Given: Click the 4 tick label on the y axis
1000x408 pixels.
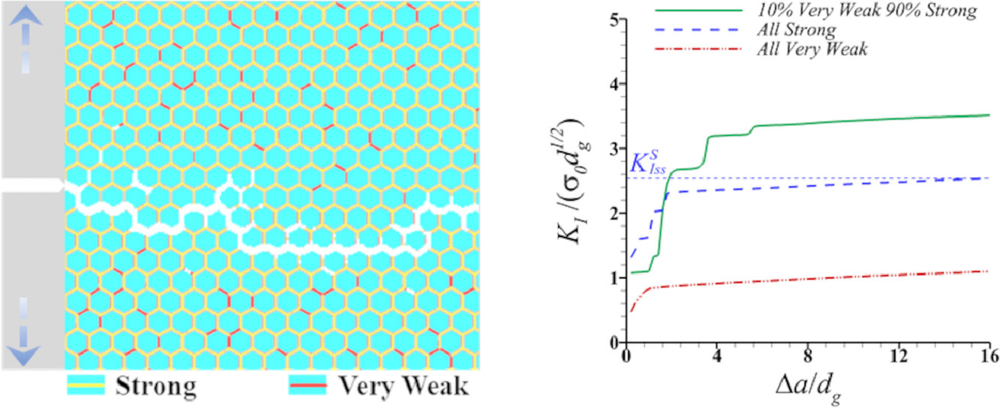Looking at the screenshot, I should click(x=616, y=85).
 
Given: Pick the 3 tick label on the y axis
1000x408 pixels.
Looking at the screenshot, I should click(x=616, y=149).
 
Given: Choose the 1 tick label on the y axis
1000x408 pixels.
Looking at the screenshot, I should click(x=616, y=278).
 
